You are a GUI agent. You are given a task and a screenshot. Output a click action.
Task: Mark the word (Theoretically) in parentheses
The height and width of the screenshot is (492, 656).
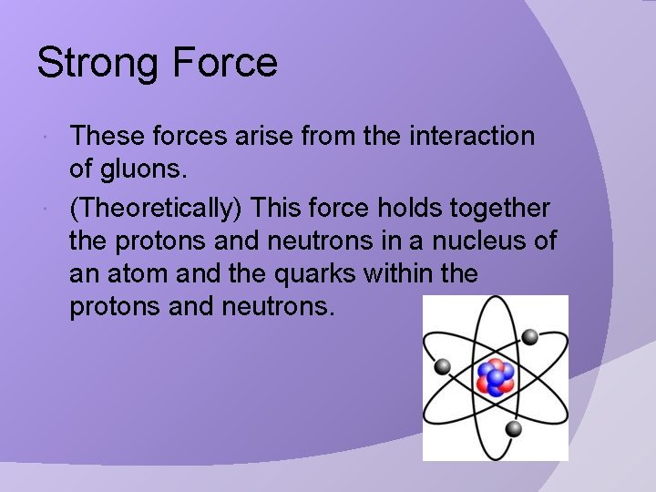(156, 209)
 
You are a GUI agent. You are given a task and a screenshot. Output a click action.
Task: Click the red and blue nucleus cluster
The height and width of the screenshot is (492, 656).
(496, 377)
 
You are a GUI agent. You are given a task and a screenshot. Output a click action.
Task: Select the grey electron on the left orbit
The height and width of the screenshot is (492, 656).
(443, 366)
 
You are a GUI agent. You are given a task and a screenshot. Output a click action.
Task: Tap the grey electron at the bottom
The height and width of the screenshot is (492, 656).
(514, 428)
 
